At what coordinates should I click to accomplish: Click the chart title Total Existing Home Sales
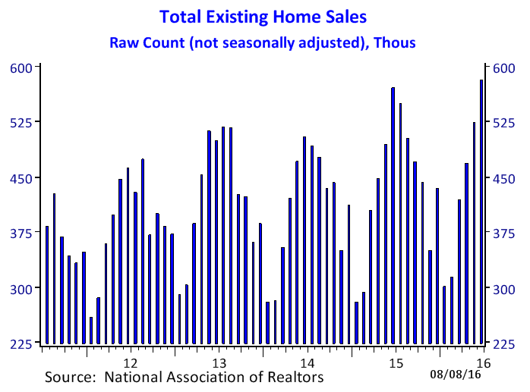[263, 17]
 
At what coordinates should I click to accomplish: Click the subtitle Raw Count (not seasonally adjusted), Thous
[263, 43]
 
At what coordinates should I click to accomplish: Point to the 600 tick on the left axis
[21, 68]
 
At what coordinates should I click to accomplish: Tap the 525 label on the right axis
[504, 123]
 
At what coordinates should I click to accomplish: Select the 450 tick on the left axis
[21, 178]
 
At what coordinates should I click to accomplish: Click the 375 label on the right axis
[504, 234]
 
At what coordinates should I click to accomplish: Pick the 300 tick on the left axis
[21, 289]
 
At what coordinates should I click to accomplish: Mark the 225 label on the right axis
[504, 344]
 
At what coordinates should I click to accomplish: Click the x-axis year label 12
[131, 363]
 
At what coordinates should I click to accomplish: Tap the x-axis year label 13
[219, 363]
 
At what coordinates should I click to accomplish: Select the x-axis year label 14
[308, 363]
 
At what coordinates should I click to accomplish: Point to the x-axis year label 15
[396, 363]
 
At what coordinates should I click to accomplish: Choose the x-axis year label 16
[484, 363]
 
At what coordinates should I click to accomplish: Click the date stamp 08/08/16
[456, 374]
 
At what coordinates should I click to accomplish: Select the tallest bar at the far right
[481, 212]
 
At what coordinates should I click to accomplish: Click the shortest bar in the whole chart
[91, 331]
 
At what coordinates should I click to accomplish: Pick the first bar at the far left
[47, 285]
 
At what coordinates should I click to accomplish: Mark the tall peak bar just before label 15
[393, 216]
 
